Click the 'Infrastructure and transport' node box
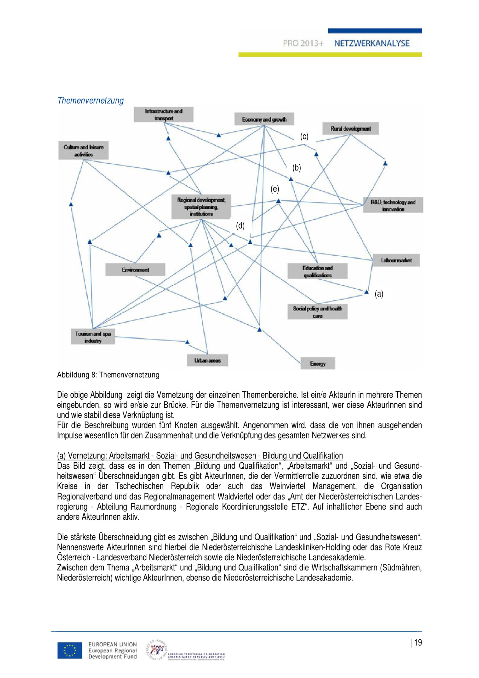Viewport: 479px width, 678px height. (x=164, y=115)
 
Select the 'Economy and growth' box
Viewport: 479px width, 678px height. (x=264, y=119)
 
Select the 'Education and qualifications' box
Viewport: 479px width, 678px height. (x=317, y=271)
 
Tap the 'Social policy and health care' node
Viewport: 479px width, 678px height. (x=317, y=312)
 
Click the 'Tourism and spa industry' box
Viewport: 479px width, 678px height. (x=93, y=337)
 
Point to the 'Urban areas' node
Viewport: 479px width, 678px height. (x=207, y=360)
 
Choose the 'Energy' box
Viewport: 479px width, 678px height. (x=318, y=363)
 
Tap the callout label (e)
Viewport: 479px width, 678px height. (x=275, y=189)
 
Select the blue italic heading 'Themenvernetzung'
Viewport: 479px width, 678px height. (x=91, y=101)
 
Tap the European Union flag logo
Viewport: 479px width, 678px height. (x=70, y=650)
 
